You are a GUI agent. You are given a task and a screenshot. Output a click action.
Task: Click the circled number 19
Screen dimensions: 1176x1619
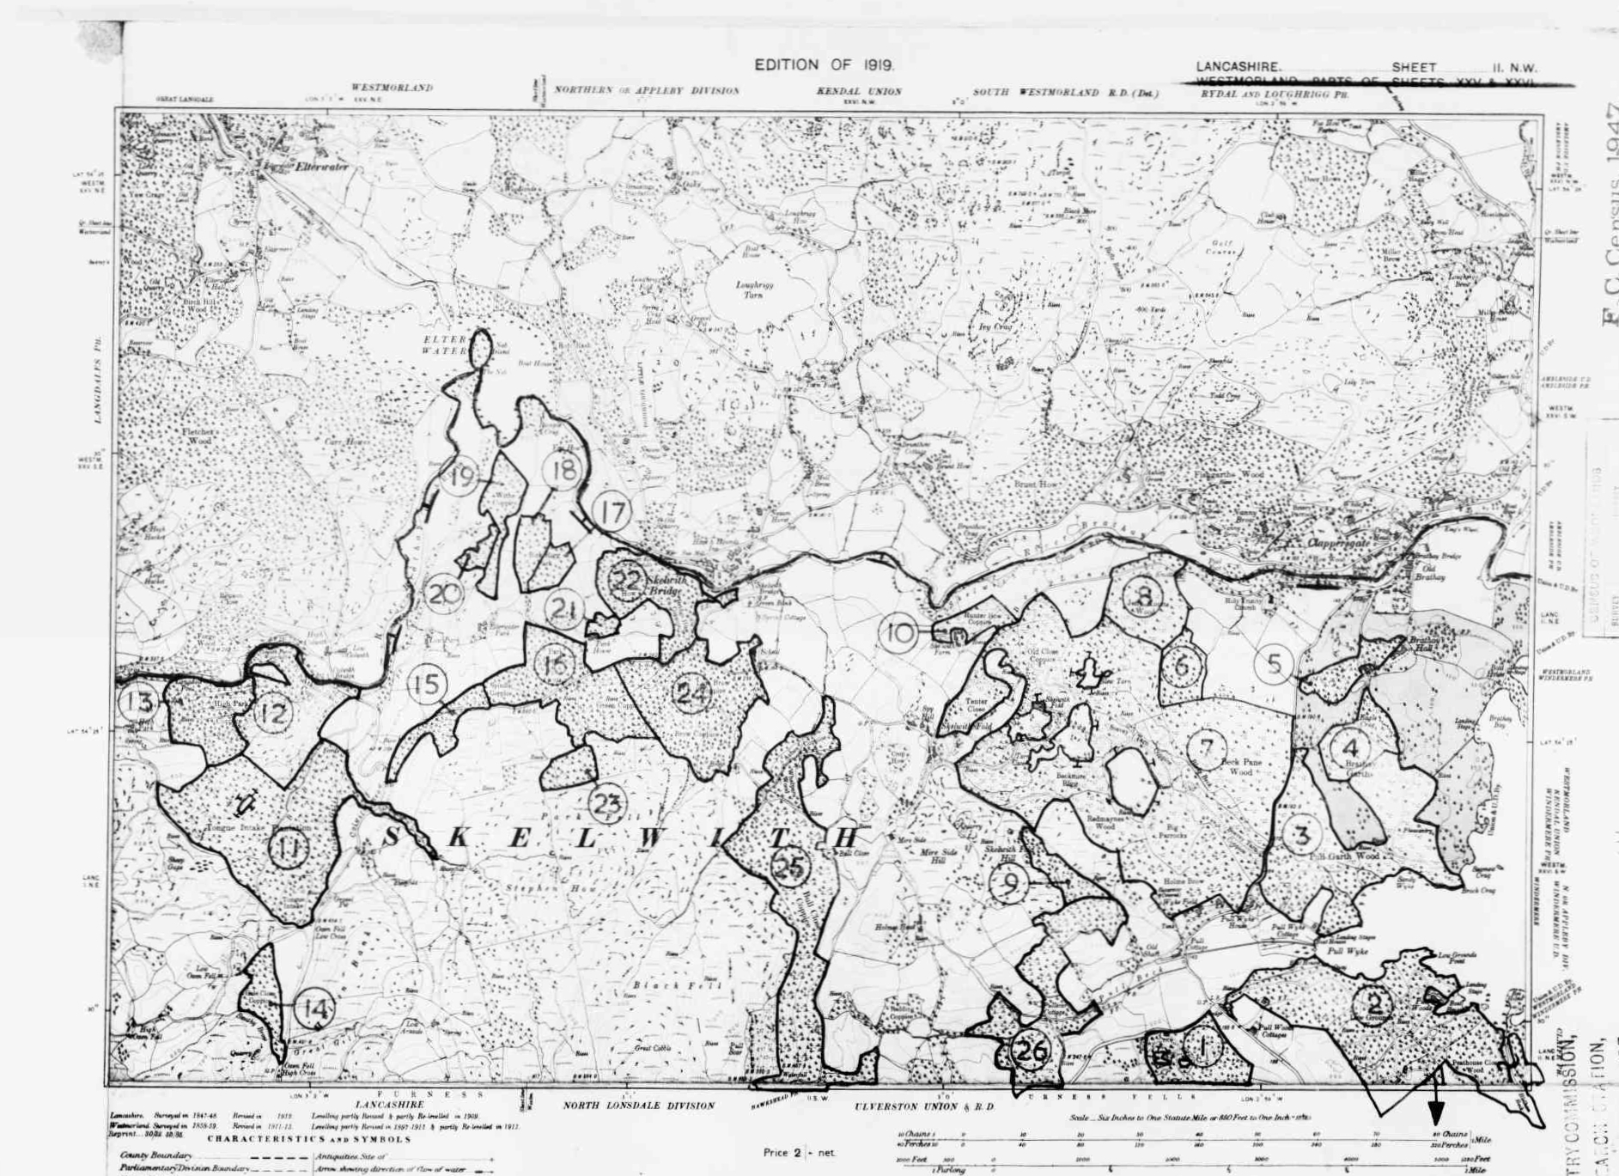(461, 476)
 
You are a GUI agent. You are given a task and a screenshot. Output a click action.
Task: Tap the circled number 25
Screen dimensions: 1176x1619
(789, 866)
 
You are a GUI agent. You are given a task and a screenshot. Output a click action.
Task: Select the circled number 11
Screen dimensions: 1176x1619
(289, 849)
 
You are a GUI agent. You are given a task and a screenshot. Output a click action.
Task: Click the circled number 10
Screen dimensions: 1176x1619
(899, 633)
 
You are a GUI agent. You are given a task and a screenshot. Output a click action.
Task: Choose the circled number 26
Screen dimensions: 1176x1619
(1030, 1050)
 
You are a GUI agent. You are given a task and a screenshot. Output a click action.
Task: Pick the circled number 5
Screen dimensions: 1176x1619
(1274, 663)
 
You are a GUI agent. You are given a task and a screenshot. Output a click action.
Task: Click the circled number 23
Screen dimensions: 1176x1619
(607, 804)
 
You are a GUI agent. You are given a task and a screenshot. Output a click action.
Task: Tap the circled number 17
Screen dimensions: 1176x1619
(612, 513)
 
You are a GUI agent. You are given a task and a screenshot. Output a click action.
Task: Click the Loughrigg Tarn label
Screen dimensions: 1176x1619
(749, 289)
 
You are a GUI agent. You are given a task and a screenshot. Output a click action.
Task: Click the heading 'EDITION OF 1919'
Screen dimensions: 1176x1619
(824, 65)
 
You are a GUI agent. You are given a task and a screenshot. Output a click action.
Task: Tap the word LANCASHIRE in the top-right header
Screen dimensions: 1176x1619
(1238, 67)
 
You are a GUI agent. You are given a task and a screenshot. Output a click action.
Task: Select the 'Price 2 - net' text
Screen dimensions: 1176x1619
(798, 1152)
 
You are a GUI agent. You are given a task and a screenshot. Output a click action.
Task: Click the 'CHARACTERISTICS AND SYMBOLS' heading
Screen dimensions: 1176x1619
(308, 1139)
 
